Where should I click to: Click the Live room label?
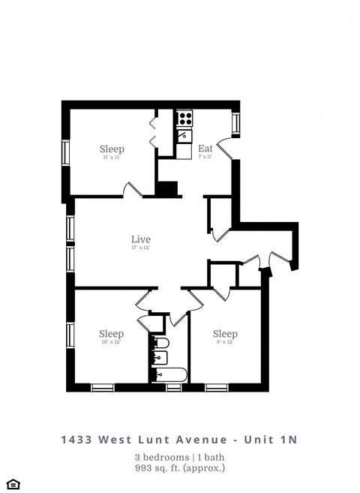click(x=141, y=239)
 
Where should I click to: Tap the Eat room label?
click(x=205, y=149)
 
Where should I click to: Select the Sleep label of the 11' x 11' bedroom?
click(x=112, y=149)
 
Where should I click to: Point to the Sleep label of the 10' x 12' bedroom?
click(x=111, y=334)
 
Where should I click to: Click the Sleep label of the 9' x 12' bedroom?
click(x=225, y=334)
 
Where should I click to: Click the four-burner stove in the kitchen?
click(x=184, y=118)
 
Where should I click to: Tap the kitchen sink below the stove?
click(x=184, y=136)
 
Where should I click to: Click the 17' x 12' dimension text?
click(x=141, y=248)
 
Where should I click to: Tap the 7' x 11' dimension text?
click(x=205, y=158)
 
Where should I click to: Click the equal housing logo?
click(x=12, y=483)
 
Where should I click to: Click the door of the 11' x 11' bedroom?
click(x=133, y=190)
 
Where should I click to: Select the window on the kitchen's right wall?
click(x=236, y=124)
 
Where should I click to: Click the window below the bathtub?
click(x=174, y=387)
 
